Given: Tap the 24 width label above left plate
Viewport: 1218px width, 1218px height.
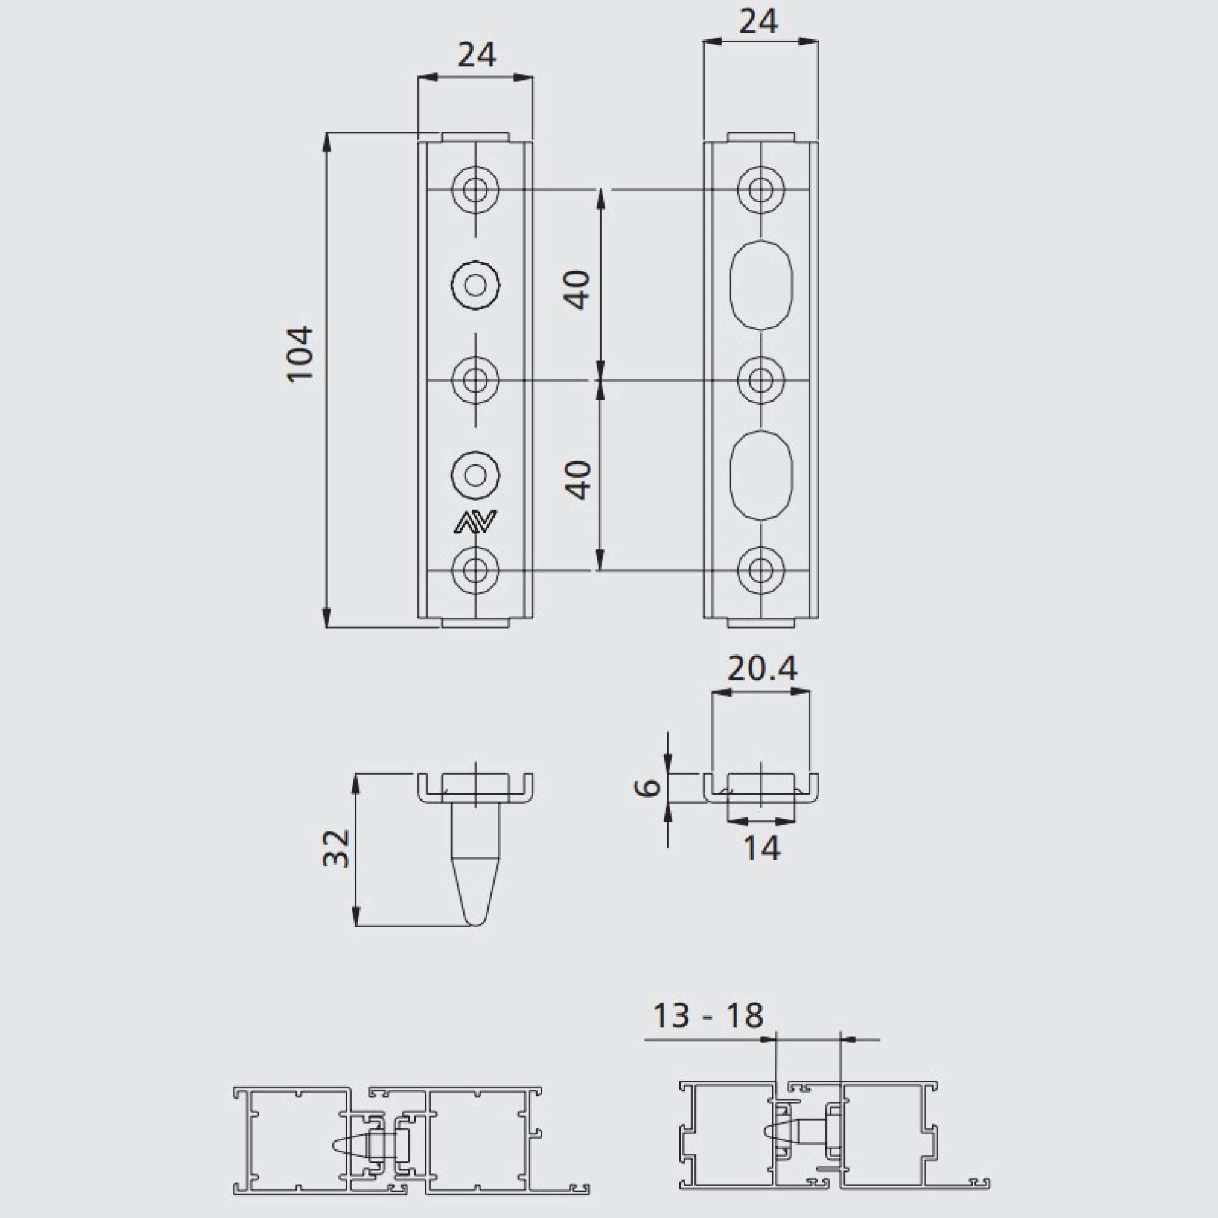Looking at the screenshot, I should click(x=477, y=55).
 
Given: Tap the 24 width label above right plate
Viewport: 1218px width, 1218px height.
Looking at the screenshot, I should click(x=758, y=22).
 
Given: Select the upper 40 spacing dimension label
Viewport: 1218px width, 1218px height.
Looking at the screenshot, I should click(x=577, y=289).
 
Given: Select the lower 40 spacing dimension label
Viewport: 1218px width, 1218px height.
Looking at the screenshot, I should click(x=577, y=481).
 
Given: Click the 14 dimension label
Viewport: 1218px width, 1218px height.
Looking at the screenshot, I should click(x=762, y=848).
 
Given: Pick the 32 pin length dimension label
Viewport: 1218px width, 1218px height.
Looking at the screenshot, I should click(x=336, y=848).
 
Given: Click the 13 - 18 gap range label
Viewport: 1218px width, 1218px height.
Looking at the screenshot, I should click(x=707, y=1016).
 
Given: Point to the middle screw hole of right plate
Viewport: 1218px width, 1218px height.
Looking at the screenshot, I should click(x=762, y=380).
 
